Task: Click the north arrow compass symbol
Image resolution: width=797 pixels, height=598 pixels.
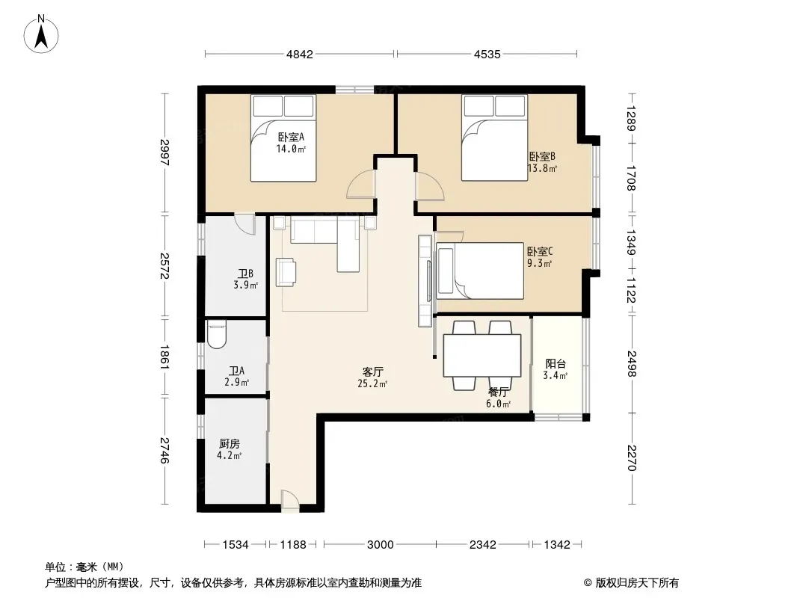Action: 41,34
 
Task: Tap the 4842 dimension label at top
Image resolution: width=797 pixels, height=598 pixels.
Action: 300,55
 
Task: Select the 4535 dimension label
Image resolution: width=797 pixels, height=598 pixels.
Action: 487,55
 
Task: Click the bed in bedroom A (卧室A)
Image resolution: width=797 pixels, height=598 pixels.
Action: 283,138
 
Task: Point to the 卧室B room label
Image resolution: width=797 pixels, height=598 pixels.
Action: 542,156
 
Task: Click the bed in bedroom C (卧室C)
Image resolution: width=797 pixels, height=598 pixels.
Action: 480,271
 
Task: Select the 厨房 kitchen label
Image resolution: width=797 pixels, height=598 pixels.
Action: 230,444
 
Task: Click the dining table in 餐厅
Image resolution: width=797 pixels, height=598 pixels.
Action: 481,355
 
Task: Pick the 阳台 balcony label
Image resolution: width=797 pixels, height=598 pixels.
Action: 556,364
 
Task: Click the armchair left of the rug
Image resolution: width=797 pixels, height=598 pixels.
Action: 286,272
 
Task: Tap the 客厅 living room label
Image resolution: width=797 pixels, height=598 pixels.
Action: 372,372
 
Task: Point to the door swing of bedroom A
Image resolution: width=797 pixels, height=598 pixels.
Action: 360,184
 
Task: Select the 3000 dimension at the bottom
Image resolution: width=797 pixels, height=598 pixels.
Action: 381,545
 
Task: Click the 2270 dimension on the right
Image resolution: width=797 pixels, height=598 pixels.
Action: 631,457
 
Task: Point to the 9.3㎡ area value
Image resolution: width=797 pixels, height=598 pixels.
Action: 539,263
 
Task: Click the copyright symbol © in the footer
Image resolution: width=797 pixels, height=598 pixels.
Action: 588,583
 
